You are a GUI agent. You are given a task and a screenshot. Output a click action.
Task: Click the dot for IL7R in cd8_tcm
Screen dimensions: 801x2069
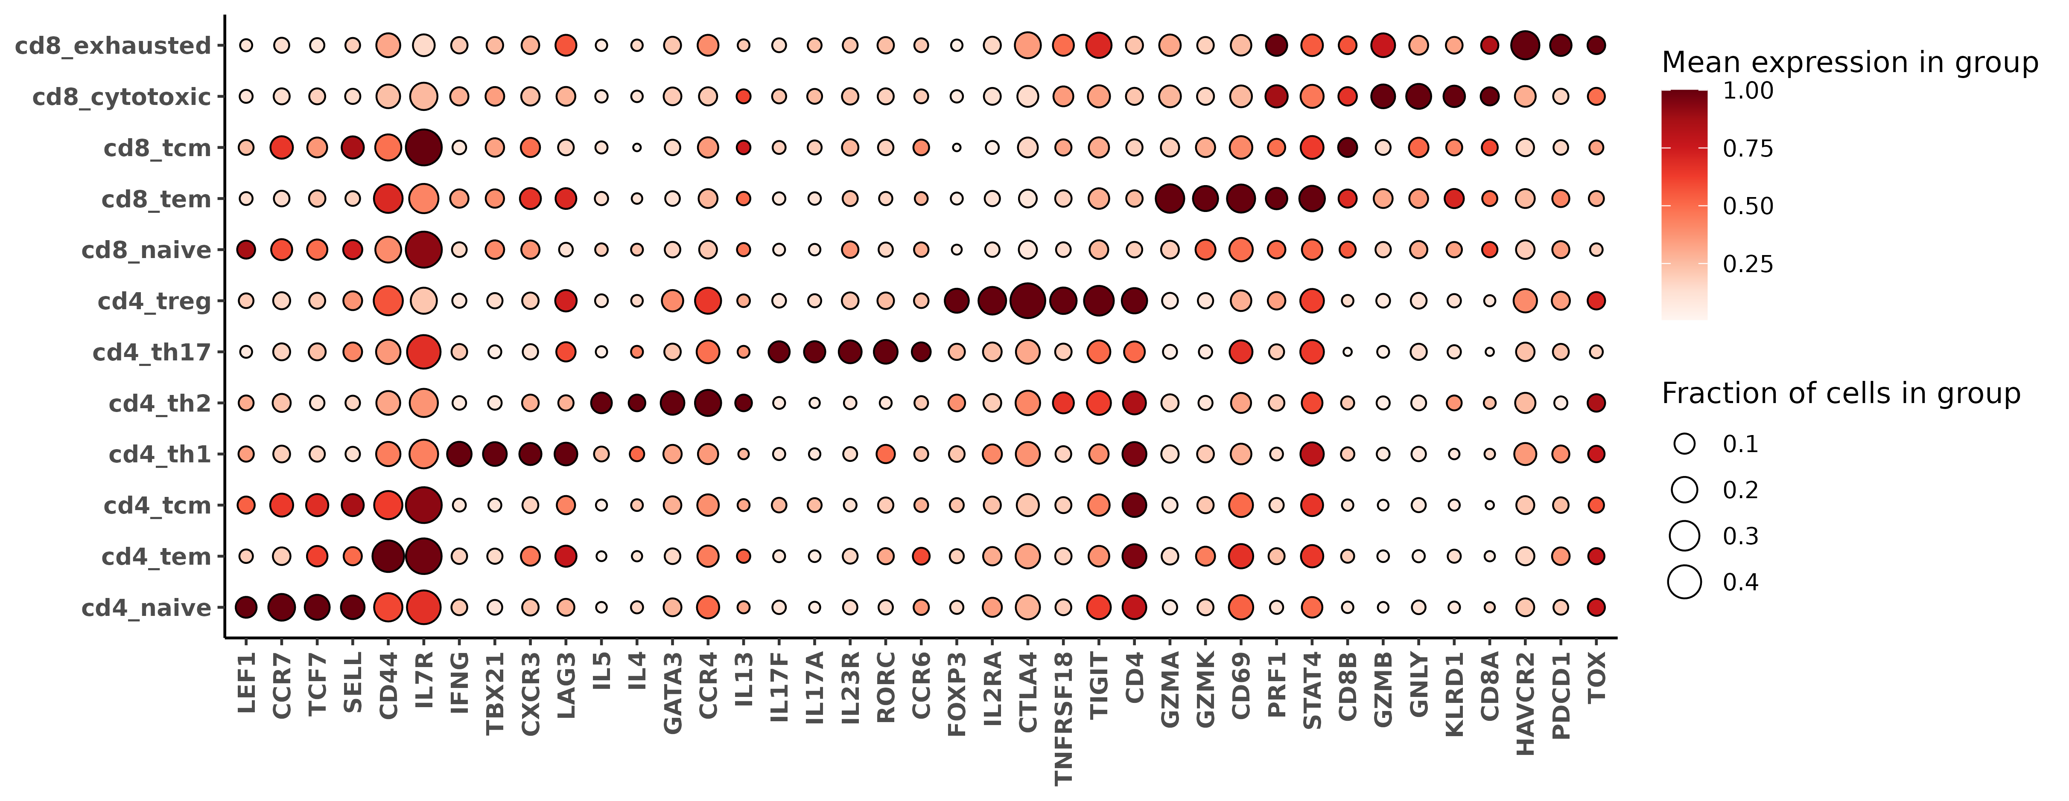[423, 148]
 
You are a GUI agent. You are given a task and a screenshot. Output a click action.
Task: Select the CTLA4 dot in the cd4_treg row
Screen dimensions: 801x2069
[1027, 301]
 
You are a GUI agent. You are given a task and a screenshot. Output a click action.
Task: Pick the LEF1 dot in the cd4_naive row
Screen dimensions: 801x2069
[246, 607]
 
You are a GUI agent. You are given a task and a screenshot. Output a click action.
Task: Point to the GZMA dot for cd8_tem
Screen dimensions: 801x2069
[1170, 198]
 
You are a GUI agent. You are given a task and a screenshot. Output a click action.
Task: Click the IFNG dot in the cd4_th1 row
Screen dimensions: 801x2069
[458, 454]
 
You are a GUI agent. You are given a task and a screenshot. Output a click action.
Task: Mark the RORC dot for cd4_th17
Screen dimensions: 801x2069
[885, 351]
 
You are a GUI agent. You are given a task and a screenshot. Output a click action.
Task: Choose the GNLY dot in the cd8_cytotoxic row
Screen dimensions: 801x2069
[1418, 96]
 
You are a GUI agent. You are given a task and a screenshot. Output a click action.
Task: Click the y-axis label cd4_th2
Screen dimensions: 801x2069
[160, 403]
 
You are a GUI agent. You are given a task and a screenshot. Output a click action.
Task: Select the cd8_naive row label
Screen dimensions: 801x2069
[146, 250]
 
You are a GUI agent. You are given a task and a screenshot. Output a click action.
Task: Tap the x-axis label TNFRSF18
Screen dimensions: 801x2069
[1062, 718]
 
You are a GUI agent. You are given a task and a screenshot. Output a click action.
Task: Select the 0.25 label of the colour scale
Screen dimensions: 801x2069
[1748, 264]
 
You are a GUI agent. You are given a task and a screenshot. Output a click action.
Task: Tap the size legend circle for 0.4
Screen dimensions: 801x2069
[1684, 582]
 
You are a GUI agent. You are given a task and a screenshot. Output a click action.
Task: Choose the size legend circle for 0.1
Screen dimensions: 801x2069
[1684, 444]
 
